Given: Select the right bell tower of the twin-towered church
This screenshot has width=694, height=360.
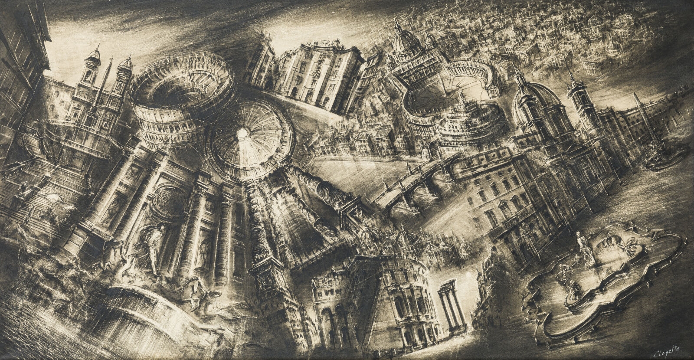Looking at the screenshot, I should pos(124,72).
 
